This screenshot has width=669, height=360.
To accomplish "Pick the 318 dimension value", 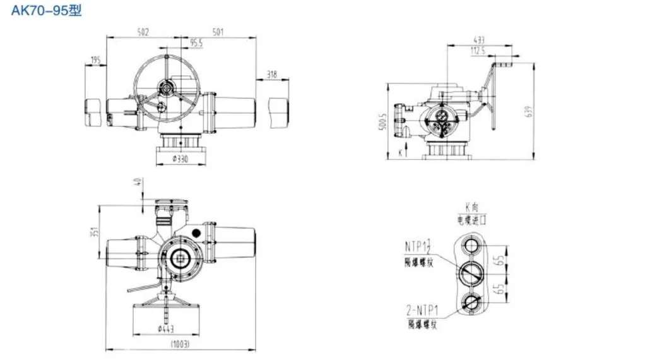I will pos(272,75).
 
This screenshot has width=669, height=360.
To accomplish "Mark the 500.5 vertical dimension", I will pos(382,123).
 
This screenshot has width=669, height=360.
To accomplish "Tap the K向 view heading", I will pos(473,207).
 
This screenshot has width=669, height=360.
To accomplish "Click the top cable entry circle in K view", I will pos(471,244).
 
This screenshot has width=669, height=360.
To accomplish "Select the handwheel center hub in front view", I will pos(167,87).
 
